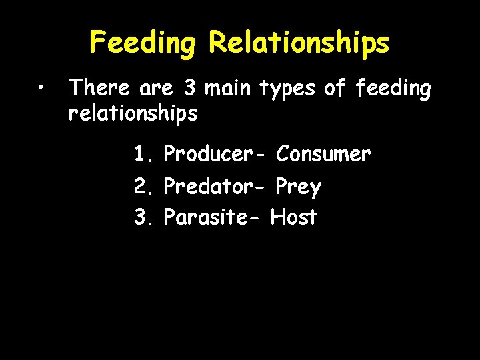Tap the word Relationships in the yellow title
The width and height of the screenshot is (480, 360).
[x=299, y=43]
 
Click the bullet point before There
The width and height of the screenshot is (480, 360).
[x=41, y=88]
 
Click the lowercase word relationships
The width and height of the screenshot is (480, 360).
[x=133, y=114]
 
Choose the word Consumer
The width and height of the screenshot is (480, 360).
[x=323, y=155]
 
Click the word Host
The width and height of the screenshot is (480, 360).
[x=294, y=217]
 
